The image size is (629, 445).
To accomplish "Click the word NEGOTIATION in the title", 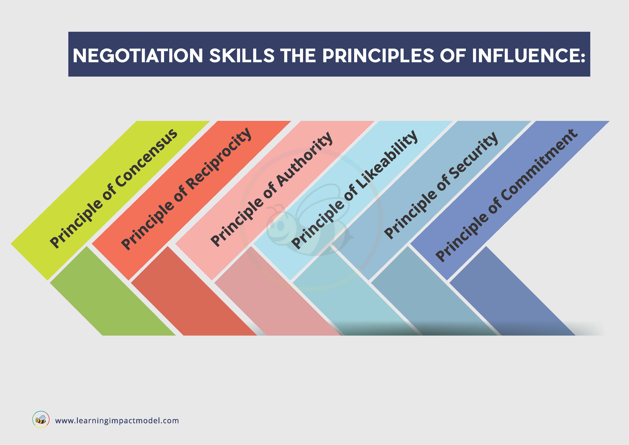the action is [x=138, y=56].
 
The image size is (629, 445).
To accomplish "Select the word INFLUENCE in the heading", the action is [x=528, y=56].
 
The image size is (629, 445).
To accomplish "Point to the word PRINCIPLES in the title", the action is [x=378, y=56].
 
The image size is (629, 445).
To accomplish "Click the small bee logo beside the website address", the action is [x=41, y=420].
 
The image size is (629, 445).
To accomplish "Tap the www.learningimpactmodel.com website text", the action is [x=117, y=421].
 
